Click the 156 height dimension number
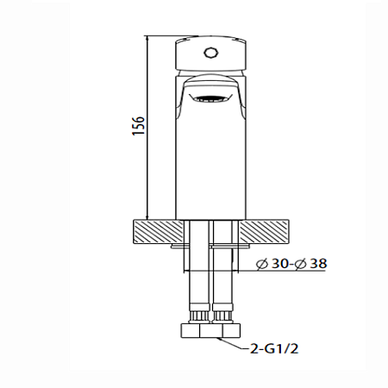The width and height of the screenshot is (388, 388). click(138, 126)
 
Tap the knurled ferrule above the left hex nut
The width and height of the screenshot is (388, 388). click(195, 312)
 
